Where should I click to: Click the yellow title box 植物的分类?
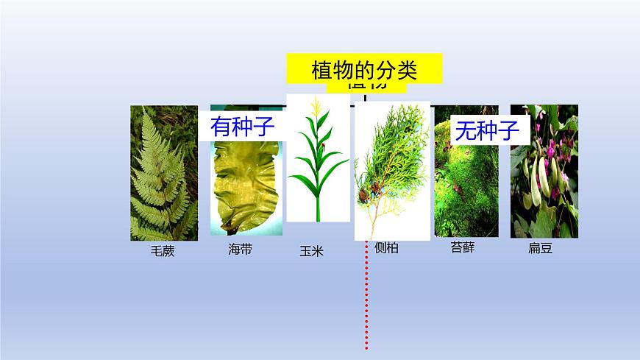tap(365, 71)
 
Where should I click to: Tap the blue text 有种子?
tap(243, 127)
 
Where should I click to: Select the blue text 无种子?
tap(487, 131)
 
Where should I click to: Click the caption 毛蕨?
tap(163, 251)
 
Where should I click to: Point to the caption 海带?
tap(241, 250)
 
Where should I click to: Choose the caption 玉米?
tap(311, 251)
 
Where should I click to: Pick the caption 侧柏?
tap(386, 248)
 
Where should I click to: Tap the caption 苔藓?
tap(463, 247)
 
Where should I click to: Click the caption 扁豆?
tap(540, 248)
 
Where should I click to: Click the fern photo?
tap(164, 173)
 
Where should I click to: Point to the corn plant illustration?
tap(318, 162)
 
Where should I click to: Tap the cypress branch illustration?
tap(391, 169)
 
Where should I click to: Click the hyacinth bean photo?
tap(544, 184)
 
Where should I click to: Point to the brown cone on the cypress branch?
tap(365, 196)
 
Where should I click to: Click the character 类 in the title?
tap(404, 71)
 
